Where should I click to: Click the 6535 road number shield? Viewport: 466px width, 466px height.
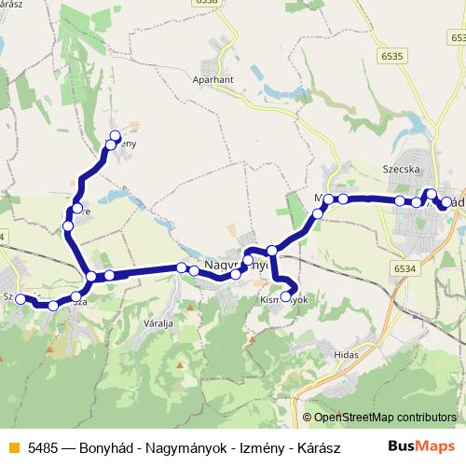[392, 56]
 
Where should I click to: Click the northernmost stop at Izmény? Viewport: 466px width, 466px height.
[116, 136]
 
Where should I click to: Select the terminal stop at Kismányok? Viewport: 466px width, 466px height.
[286, 297]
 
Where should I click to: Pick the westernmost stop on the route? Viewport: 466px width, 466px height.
[20, 299]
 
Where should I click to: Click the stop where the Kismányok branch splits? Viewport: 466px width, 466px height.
[272, 250]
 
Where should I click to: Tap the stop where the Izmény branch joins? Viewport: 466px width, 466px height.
[91, 276]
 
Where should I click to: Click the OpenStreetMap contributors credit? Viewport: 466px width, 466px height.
[385, 417]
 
